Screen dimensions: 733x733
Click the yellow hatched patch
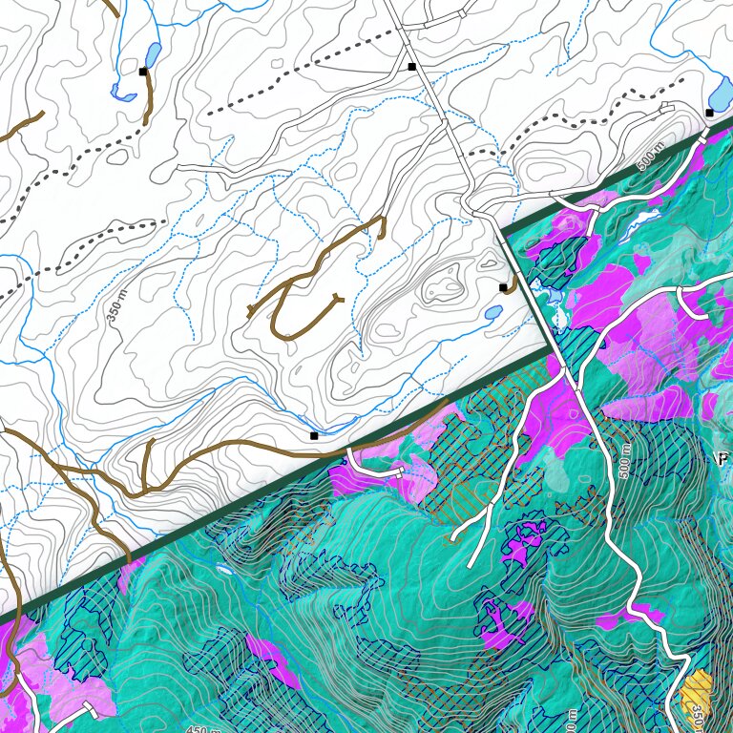700,690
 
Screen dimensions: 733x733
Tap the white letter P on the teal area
723,458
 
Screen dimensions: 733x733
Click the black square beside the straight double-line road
411,67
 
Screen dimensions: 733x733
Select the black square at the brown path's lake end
143,72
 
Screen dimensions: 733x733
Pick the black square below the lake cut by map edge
709,113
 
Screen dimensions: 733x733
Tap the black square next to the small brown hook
503,286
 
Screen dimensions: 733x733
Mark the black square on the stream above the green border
314,435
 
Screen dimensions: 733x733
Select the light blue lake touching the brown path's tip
152,53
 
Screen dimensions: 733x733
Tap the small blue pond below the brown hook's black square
492,312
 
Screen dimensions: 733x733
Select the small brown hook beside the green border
513,283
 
